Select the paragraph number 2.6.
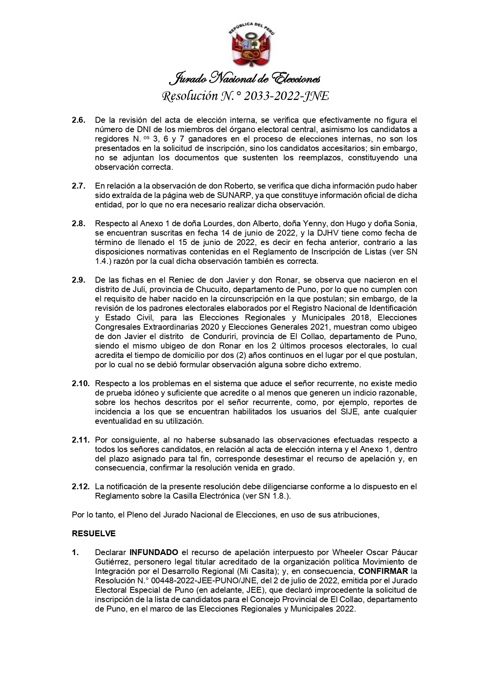point(78,120)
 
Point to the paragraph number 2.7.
point(78,186)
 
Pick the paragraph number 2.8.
point(78,223)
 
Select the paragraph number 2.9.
point(78,280)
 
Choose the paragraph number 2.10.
point(80,383)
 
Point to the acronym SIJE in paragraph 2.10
point(345,412)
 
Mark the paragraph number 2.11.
point(80,440)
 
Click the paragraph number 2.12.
point(80,487)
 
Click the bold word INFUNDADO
point(154,552)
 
